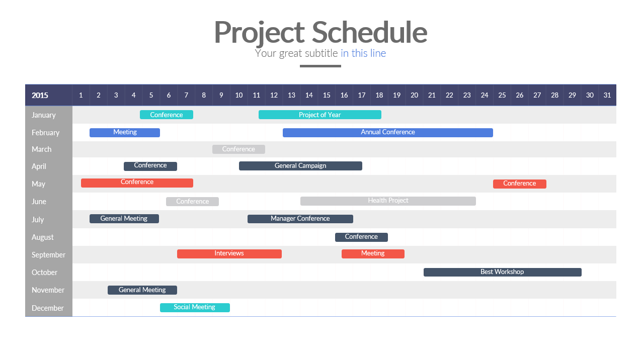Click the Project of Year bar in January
click(x=319, y=115)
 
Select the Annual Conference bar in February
click(x=388, y=133)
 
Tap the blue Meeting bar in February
click(x=124, y=133)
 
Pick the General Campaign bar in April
click(x=300, y=166)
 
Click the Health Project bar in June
click(x=388, y=201)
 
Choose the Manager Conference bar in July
click(x=300, y=219)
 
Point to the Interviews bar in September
click(x=229, y=254)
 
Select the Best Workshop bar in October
click(x=503, y=272)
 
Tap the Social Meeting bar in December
click(x=195, y=308)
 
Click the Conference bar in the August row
click(x=361, y=237)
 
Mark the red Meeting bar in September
click(x=373, y=254)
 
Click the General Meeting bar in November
click(x=142, y=290)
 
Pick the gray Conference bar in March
click(x=238, y=149)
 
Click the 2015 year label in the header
click(x=40, y=95)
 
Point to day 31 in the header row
click(x=607, y=95)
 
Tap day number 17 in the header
click(x=362, y=95)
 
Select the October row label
click(x=44, y=273)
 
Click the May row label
click(x=38, y=184)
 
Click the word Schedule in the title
click(x=369, y=32)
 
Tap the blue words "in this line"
click(x=363, y=53)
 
